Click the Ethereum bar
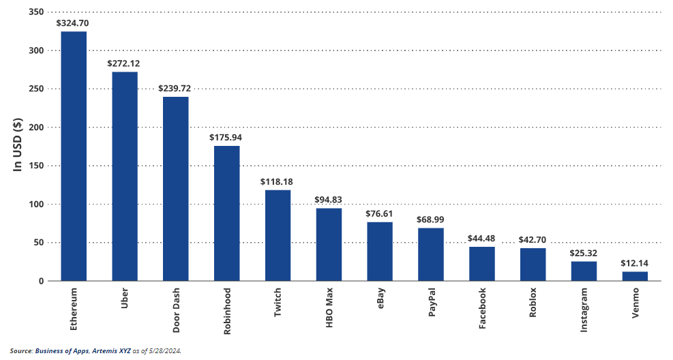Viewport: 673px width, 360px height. [74, 156]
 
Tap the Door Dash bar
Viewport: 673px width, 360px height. [175, 189]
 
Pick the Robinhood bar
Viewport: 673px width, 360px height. [226, 213]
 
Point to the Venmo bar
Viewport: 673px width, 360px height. [635, 276]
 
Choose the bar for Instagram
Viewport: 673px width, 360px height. [584, 271]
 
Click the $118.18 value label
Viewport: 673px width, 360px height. [278, 182]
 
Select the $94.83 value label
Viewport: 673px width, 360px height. [329, 200]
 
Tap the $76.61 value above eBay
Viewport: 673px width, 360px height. [380, 213]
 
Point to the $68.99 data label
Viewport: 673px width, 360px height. [430, 220]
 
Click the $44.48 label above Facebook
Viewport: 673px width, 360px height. [481, 238]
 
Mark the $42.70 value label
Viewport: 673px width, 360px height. [533, 239]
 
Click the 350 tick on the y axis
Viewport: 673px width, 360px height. [38, 12]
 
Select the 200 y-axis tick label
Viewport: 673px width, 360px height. [38, 127]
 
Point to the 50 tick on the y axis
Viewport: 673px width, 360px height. [40, 243]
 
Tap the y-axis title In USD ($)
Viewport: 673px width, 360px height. [18, 144]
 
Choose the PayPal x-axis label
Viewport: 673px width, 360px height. [432, 303]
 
